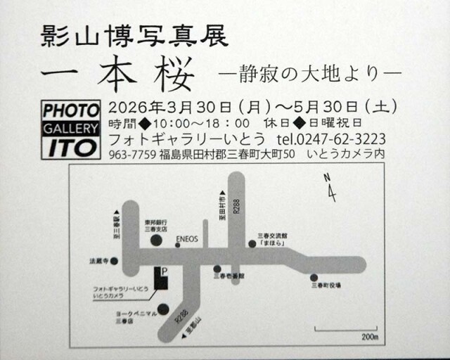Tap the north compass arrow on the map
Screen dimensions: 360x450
coord(330,190)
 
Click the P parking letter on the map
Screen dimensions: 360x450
coord(165,271)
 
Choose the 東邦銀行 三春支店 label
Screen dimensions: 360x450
coord(155,225)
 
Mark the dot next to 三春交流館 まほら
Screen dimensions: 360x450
coord(252,244)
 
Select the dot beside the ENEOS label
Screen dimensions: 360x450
coord(177,245)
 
